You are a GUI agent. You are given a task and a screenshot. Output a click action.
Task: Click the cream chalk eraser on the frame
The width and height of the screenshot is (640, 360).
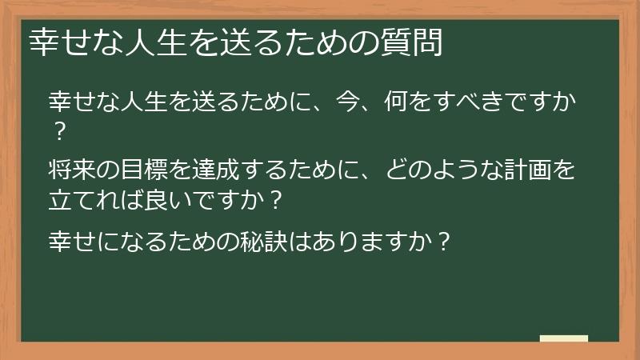coord(563,339)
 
